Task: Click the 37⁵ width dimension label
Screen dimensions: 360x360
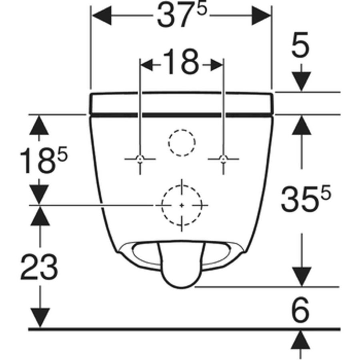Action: click(x=182, y=16)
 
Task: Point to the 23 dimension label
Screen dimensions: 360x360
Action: click(x=39, y=267)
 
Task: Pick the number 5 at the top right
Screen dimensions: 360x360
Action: click(x=300, y=44)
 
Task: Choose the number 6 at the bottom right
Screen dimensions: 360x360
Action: click(x=300, y=309)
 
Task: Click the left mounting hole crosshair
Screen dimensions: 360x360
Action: click(x=140, y=159)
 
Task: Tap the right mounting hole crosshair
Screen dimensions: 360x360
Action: click(x=223, y=159)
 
